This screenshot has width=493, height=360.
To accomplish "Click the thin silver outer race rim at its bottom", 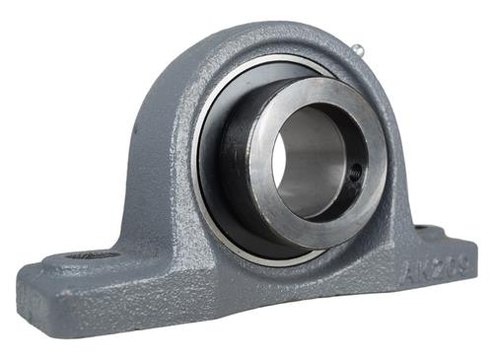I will coord(266,258).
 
